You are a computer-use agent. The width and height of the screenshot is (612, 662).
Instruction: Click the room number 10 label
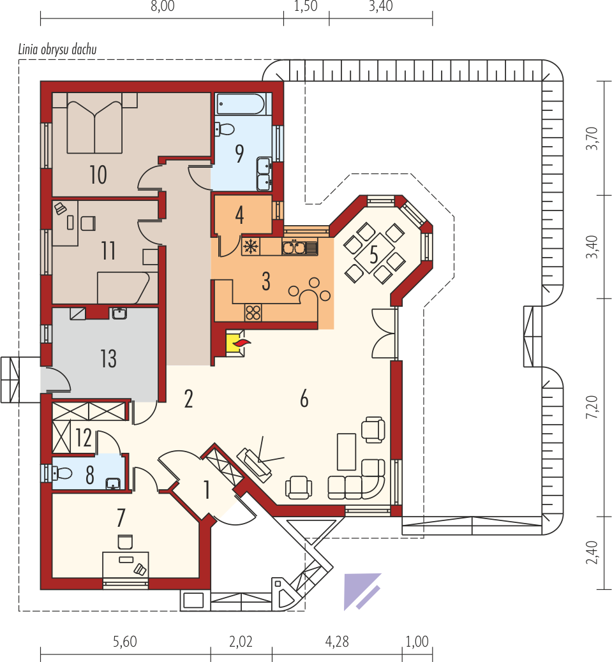point(98,175)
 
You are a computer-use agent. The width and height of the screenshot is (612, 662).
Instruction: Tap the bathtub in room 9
point(241,104)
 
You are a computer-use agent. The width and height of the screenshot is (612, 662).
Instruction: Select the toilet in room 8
point(62,473)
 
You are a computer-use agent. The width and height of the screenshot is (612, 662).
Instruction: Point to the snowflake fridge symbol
point(251,247)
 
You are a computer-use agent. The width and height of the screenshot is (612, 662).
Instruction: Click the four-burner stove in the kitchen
point(253,313)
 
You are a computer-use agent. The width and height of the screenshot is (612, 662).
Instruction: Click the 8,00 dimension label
point(163,6)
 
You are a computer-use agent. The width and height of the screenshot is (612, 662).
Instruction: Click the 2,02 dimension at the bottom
point(241,642)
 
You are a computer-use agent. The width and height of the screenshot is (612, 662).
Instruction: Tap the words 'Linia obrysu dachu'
point(57,50)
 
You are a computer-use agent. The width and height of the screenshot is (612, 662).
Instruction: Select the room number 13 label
point(108,359)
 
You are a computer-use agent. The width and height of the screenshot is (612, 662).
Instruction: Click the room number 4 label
point(239,215)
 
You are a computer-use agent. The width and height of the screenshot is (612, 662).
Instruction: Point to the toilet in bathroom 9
point(225,129)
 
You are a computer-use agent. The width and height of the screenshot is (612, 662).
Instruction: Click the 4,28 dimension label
point(337,642)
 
